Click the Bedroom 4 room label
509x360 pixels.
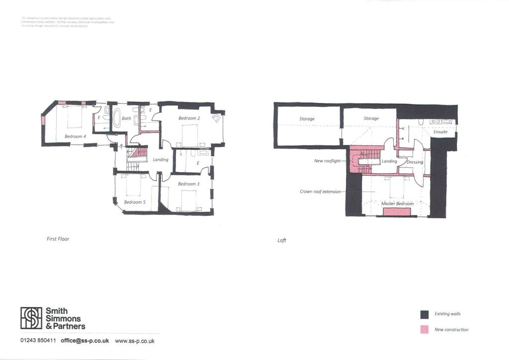click(75, 136)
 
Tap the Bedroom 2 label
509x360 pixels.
click(189, 118)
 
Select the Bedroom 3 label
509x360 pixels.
click(187, 184)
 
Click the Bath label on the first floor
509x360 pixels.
click(126, 118)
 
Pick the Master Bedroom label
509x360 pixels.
click(397, 204)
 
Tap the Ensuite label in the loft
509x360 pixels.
click(440, 132)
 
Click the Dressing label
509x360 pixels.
click(415, 162)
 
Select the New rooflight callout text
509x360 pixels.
click(327, 161)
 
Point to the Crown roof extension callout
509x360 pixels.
click(320, 191)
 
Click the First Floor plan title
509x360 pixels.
click(58, 239)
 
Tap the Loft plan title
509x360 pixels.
click(282, 241)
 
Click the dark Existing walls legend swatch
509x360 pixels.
click(424, 314)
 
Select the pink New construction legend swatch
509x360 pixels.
click(424, 330)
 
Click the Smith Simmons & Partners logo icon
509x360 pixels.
click(31, 318)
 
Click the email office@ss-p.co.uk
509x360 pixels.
click(85, 341)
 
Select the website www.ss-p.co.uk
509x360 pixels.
click(135, 341)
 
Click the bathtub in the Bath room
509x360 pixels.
click(117, 119)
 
